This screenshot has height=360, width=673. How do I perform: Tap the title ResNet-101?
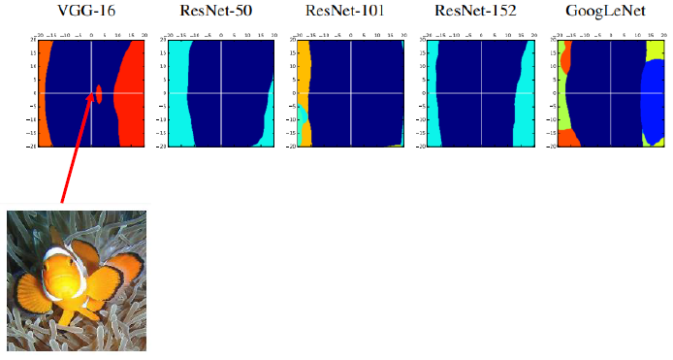tap(351, 12)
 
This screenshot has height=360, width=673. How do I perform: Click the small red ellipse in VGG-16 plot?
tap(99, 93)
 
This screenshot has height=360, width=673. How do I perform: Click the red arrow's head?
tap(94, 100)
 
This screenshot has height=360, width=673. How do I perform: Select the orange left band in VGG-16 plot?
tap(44, 92)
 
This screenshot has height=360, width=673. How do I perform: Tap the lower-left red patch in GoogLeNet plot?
tap(569, 139)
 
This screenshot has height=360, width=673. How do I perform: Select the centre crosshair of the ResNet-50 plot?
tap(222, 93)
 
